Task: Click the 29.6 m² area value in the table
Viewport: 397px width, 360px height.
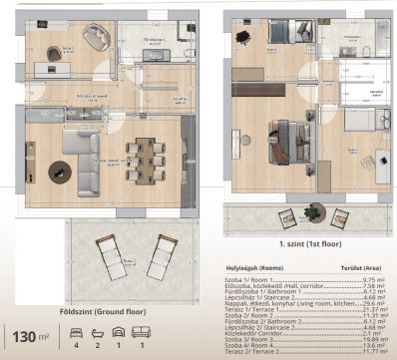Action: [373, 303]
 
